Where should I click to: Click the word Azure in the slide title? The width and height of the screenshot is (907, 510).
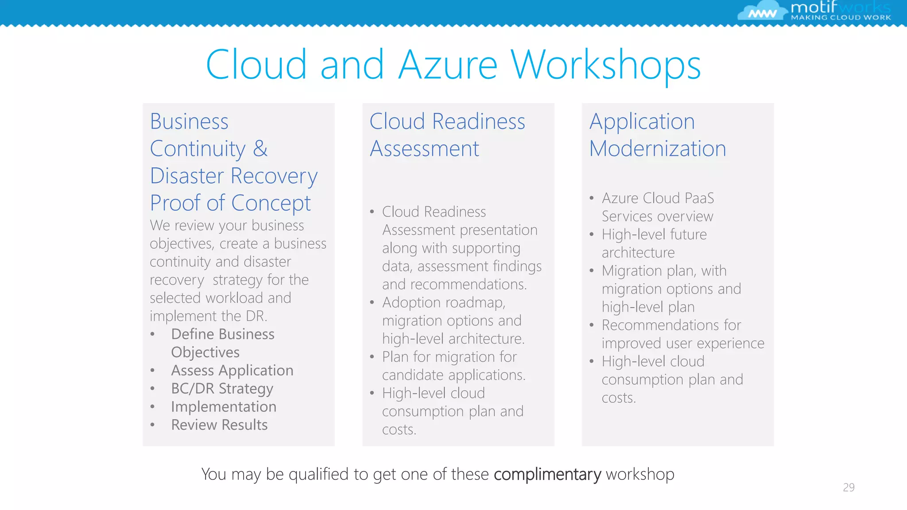tap(448, 66)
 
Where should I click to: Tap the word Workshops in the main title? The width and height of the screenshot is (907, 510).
tap(605, 66)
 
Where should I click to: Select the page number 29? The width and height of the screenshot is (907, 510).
tap(849, 487)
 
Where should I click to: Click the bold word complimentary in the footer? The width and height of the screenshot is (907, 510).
tap(547, 475)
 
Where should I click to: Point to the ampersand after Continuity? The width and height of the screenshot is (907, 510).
tap(260, 148)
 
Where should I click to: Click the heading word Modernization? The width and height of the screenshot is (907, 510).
tap(658, 149)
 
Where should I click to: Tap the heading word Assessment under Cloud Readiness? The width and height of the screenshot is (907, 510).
tap(424, 149)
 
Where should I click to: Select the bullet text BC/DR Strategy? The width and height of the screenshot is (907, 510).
tap(222, 389)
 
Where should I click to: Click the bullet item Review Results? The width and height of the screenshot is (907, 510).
tap(219, 425)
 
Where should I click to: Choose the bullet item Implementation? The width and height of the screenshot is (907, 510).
tap(224, 407)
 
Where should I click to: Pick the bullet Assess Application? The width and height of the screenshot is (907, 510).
tap(232, 371)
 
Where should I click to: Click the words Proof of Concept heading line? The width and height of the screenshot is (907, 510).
tap(230, 203)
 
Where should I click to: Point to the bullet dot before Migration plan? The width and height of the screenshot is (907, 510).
tap(592, 270)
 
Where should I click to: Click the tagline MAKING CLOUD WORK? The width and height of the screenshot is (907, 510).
tap(841, 18)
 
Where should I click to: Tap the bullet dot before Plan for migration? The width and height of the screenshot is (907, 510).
tap(372, 357)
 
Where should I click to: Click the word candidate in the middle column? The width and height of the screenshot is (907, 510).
tap(412, 375)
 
